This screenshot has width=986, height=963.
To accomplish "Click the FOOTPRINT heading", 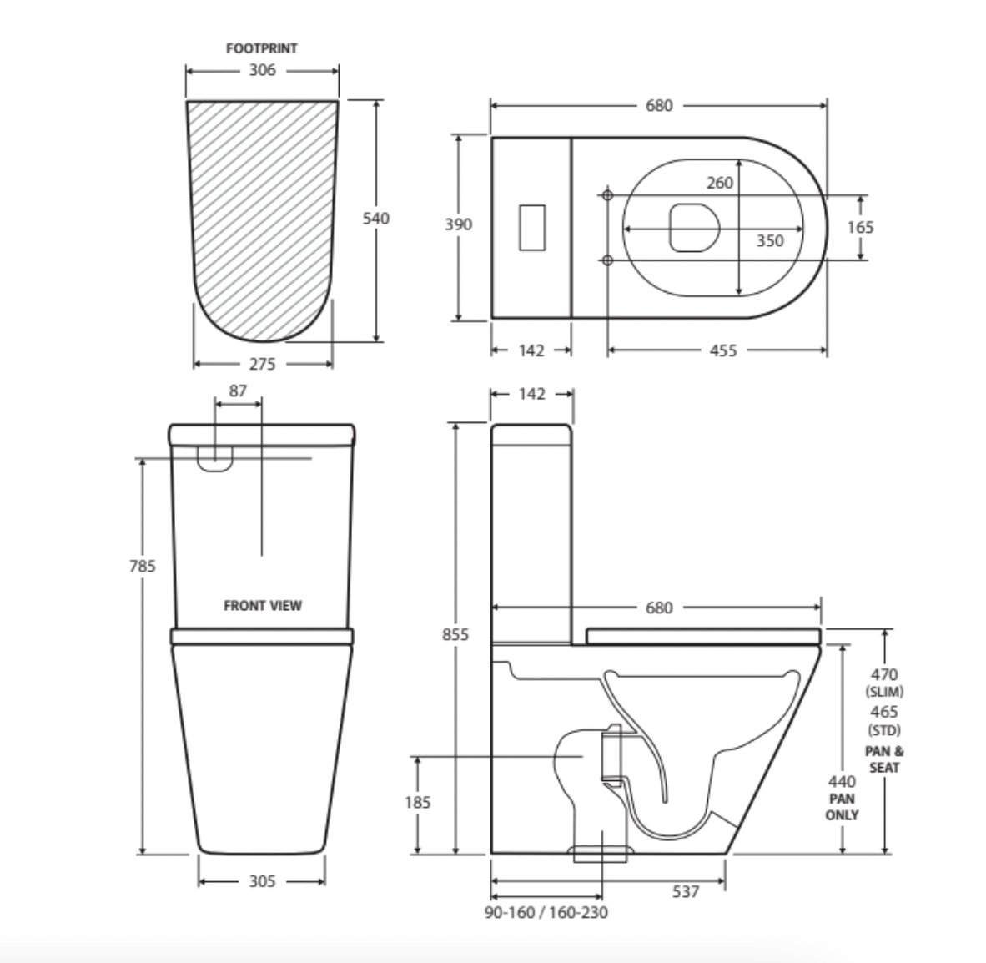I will (x=261, y=48).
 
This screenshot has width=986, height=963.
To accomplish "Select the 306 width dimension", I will (x=261, y=71).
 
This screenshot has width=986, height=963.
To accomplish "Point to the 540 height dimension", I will (x=375, y=219).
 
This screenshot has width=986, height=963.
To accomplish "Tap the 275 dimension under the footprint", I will (x=262, y=364).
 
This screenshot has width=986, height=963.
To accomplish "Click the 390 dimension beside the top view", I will (x=458, y=224).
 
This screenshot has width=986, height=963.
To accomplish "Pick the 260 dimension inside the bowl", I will (x=719, y=183).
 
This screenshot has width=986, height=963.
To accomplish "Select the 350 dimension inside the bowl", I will (x=769, y=240).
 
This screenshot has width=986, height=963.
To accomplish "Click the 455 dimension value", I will (x=722, y=350).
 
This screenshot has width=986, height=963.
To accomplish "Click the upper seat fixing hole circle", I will (x=607, y=195).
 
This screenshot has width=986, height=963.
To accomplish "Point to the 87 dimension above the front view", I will (x=238, y=391).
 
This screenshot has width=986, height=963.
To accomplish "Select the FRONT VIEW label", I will (x=262, y=606).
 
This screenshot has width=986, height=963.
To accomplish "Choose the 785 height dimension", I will (x=143, y=566).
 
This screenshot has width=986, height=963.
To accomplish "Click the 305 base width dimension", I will (x=262, y=881).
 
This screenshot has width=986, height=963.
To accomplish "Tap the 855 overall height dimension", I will (x=455, y=634).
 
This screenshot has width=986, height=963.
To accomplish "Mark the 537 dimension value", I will (x=686, y=892).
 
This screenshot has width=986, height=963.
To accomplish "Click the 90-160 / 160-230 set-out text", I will (x=546, y=912).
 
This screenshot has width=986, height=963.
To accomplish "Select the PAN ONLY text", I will (x=842, y=806).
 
